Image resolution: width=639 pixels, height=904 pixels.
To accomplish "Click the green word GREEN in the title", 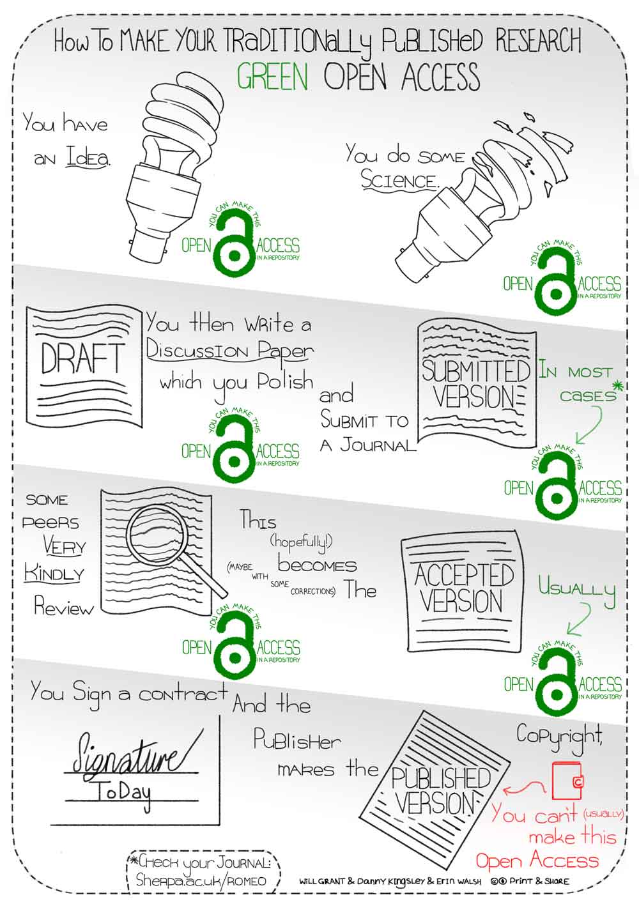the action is point(272,76).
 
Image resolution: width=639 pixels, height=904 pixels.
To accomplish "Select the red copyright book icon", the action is point(567,781).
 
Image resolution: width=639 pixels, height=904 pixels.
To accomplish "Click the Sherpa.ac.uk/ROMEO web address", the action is point(201,880).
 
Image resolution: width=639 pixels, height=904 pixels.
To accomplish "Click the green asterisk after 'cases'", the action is point(618,385).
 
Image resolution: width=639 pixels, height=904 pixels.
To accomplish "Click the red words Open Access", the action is point(537,861).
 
